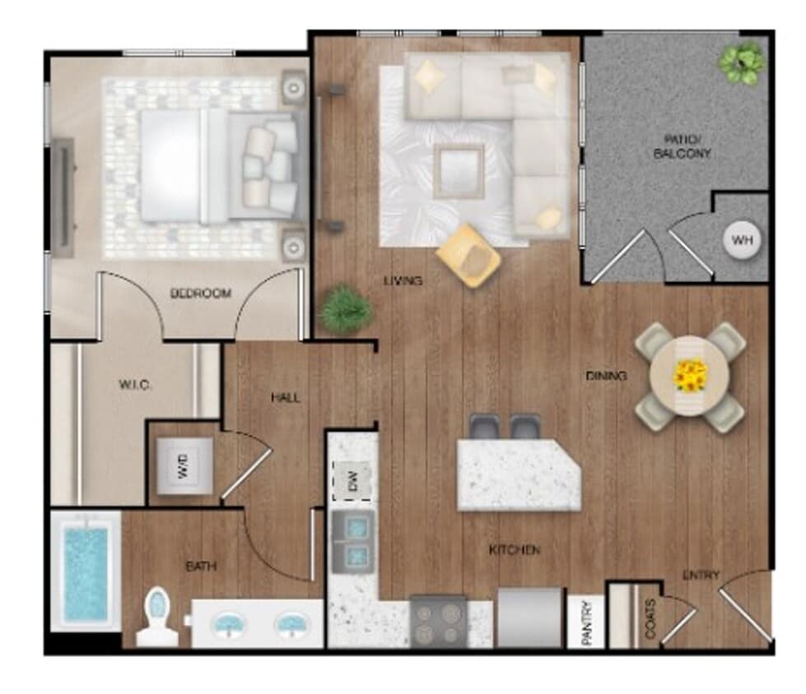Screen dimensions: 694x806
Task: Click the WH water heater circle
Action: point(742,241)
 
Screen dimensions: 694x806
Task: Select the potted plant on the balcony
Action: point(742,62)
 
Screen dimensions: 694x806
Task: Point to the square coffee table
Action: point(459,170)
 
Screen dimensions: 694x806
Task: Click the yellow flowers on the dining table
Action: point(689,377)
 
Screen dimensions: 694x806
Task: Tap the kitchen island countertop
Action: point(518,475)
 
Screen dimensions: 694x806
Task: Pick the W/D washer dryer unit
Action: point(184,465)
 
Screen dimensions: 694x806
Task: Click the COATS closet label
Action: point(650,618)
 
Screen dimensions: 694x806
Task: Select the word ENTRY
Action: point(701,575)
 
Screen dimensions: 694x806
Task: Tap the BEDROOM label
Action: point(200,293)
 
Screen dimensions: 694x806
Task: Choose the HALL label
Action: point(286,397)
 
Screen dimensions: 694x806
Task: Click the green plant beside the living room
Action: point(345,309)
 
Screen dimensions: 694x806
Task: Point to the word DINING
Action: point(606,376)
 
